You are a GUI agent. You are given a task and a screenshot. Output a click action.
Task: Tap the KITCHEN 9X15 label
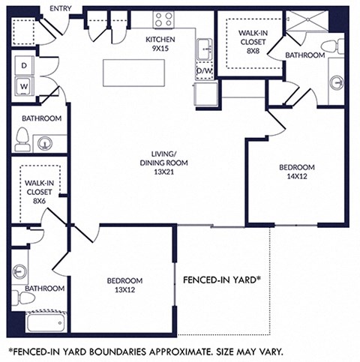[x=160, y=43]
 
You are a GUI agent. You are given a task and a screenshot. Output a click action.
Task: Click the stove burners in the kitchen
[x=164, y=20]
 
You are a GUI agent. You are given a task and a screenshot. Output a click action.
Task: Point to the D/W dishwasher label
[x=204, y=71]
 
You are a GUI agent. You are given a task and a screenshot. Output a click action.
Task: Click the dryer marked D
[x=24, y=65]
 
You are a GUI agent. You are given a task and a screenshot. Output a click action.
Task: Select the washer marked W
[x=24, y=85]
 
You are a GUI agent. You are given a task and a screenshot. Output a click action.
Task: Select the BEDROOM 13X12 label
[x=124, y=286]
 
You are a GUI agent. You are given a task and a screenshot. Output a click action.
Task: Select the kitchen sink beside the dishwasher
[x=204, y=51]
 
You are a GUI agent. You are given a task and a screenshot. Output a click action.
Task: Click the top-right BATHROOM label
[x=304, y=55]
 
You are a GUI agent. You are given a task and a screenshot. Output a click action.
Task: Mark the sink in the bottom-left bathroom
[x=20, y=271]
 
